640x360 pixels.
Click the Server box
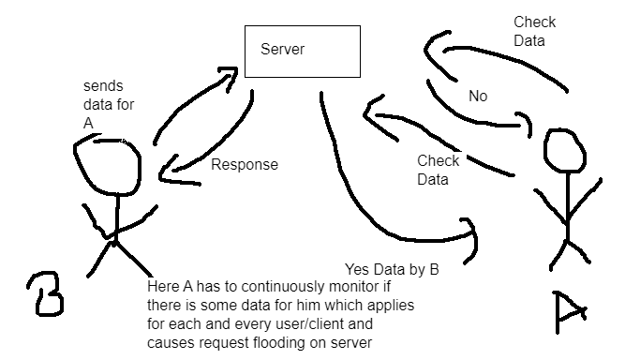pos(302,52)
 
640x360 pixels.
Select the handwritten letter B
pos(45,292)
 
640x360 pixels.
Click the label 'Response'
pos(245,165)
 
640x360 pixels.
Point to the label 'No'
pos(476,96)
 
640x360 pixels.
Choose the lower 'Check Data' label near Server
pos(438,170)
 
